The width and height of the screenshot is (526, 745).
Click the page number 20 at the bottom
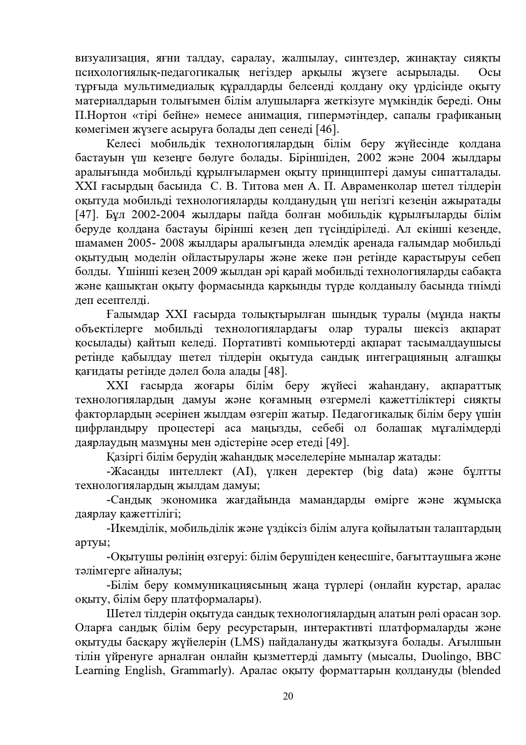coord(288,696)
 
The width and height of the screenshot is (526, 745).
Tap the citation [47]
coord(86,214)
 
